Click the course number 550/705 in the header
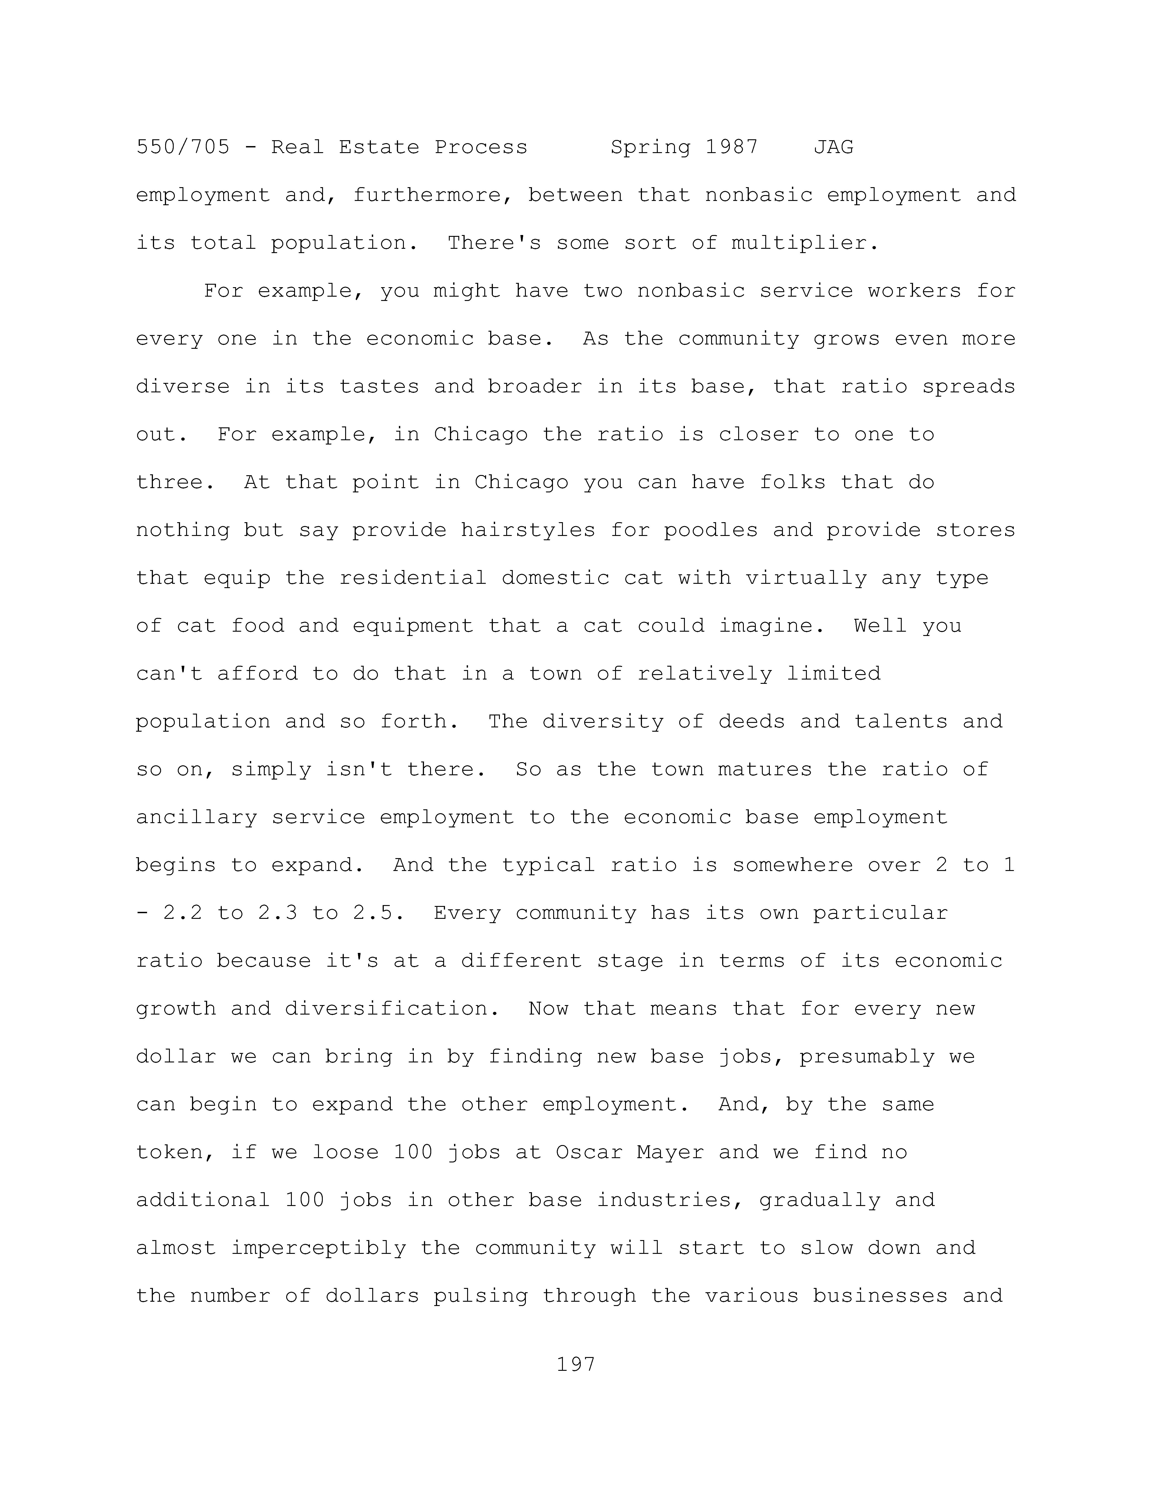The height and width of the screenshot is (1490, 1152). (x=183, y=147)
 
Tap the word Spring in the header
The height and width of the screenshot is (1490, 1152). (x=650, y=147)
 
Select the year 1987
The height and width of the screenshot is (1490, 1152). (x=731, y=147)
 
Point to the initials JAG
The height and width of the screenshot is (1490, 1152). (x=833, y=147)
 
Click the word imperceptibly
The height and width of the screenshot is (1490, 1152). (x=318, y=1248)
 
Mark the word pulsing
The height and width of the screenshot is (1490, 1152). (x=480, y=1296)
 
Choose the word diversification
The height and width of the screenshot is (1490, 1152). (x=386, y=1009)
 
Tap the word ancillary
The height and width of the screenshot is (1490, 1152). (x=197, y=817)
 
